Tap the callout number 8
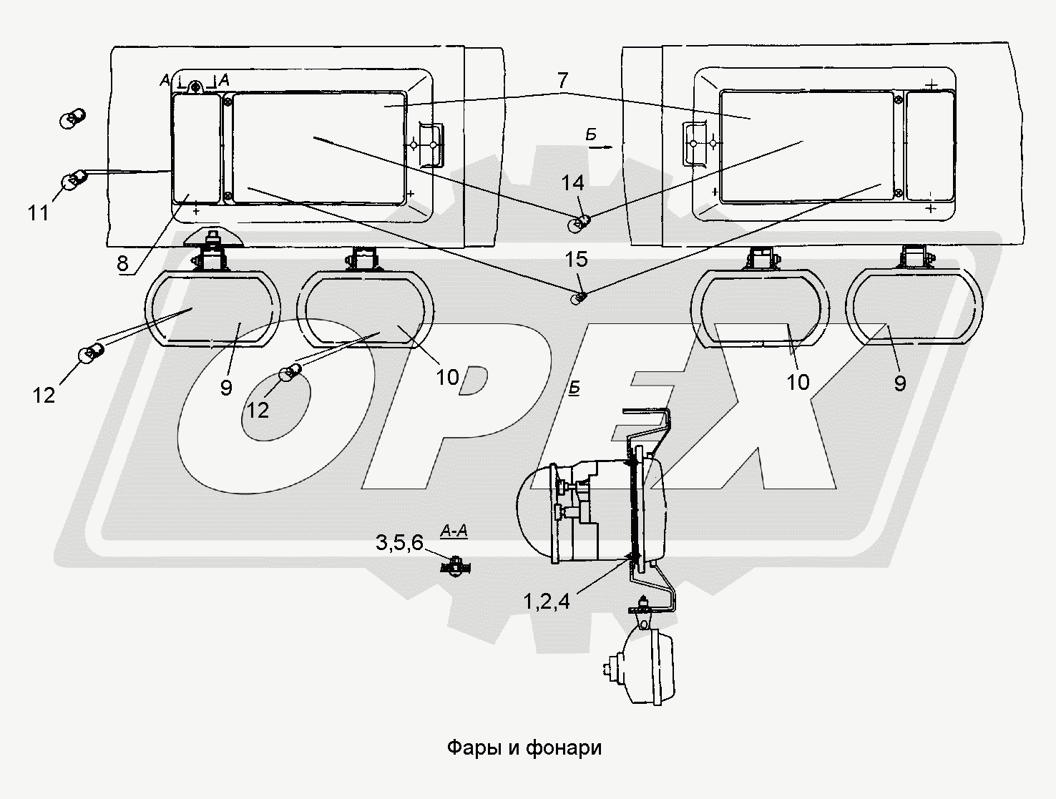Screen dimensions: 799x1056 coord(122,263)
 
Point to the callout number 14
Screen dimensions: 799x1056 coord(572,184)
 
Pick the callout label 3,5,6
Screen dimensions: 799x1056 coord(399,543)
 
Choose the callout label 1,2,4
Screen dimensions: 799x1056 coord(547,602)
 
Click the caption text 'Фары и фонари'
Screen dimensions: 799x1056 coord(524,748)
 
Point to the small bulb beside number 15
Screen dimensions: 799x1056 coord(579,297)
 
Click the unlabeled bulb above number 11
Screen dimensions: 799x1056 coord(72,117)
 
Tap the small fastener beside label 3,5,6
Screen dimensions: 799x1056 coord(452,567)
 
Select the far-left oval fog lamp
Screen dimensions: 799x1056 coord(212,308)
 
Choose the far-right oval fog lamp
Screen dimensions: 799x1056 coord(914,308)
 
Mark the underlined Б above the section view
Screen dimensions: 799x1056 coord(574,388)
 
